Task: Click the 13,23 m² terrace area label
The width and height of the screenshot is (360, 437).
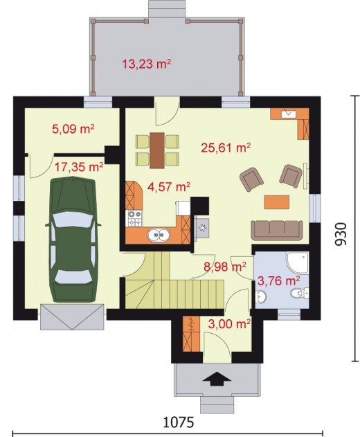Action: (147, 64)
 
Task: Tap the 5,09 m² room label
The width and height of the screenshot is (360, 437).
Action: (73, 130)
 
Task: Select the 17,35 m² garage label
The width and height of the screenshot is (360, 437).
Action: (79, 167)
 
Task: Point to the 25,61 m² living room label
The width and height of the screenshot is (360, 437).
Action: (226, 148)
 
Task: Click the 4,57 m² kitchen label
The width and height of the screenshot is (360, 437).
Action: (169, 186)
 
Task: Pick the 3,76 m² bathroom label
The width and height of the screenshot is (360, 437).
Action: (278, 281)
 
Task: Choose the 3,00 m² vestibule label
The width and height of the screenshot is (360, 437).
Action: (229, 324)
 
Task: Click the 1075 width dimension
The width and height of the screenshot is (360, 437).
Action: (178, 422)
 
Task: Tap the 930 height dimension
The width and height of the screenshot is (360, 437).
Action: (341, 234)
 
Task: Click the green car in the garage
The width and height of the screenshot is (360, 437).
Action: (73, 240)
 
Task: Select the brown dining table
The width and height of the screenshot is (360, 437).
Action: (157, 150)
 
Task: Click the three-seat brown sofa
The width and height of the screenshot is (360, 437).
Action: (277, 230)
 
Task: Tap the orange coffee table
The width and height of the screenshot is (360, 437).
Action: (277, 202)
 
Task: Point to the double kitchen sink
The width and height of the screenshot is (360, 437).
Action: (159, 235)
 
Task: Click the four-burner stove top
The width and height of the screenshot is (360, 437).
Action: (135, 219)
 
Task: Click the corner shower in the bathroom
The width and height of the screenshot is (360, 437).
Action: (298, 262)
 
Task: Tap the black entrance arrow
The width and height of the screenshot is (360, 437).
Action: (217, 379)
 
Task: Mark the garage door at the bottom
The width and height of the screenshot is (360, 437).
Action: (73, 317)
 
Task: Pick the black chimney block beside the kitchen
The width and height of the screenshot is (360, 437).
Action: (200, 206)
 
